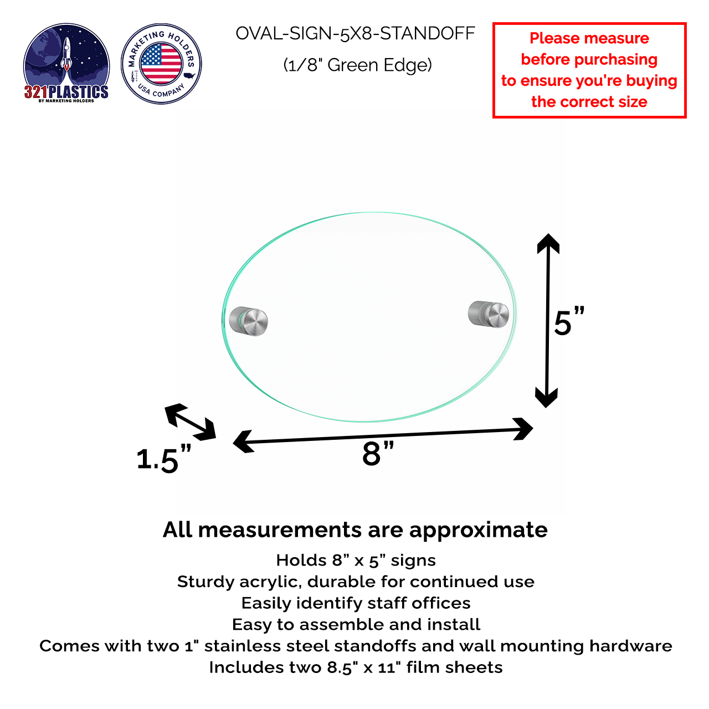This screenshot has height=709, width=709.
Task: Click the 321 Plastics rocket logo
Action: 66,63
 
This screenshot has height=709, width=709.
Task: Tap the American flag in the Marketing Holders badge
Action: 161,64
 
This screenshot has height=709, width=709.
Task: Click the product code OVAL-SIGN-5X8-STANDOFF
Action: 355,34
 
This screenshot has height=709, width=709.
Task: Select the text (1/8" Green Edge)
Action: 357,65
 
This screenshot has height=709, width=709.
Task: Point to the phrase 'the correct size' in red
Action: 589,102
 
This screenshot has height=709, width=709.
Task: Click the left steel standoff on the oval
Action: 249,321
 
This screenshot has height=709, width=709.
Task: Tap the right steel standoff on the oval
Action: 489,314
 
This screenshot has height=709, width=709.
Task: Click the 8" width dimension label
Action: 378,454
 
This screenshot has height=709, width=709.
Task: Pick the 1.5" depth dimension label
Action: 163,459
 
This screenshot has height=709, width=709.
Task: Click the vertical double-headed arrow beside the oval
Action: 547,320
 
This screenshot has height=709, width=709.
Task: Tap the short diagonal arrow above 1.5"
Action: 191,422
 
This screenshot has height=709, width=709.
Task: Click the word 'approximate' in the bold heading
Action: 478,530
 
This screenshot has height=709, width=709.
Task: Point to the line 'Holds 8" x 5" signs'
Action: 356,561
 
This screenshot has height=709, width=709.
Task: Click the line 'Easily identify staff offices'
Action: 356,603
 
